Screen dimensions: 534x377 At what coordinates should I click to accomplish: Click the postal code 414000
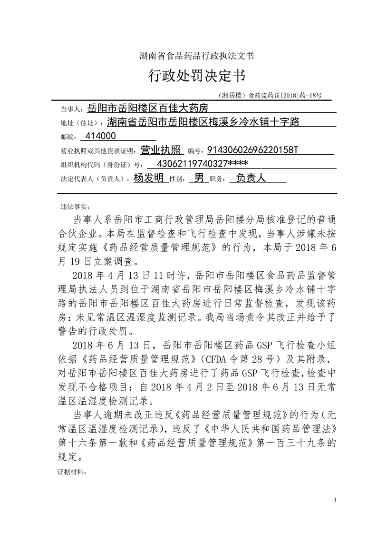[99, 136]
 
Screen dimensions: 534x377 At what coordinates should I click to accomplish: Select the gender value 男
[196, 178]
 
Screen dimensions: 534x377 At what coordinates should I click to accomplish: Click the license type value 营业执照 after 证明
[162, 150]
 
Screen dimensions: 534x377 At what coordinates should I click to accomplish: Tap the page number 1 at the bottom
[336, 499]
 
